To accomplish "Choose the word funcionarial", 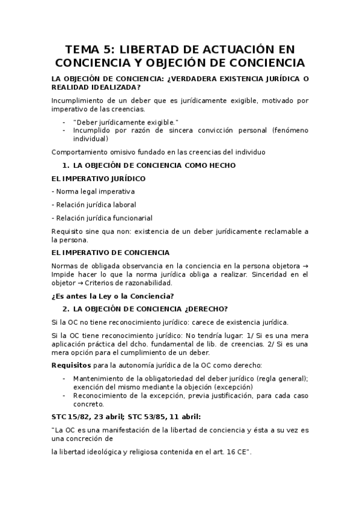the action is [x=131, y=218].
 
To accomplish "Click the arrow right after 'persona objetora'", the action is [x=305, y=266].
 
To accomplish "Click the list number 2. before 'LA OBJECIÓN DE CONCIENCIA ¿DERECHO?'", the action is [x=66, y=309].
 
